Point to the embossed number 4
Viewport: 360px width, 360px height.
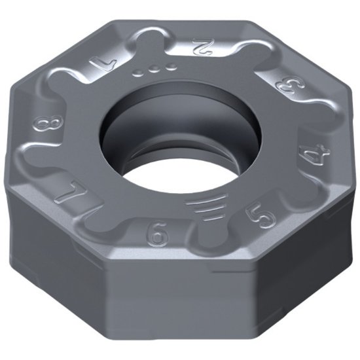pyautogui.click(x=307, y=156)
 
